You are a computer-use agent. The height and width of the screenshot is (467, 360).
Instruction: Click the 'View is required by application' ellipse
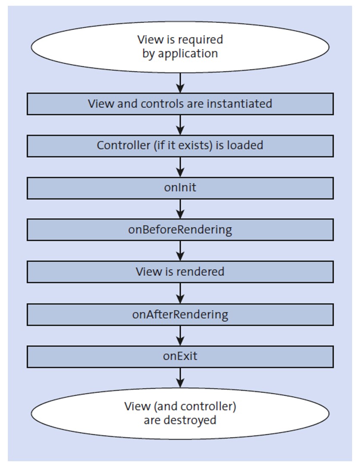[180, 47]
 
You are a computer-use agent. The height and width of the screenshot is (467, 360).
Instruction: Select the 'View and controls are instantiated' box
[180, 104]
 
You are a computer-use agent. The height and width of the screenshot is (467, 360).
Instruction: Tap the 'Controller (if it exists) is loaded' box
[180, 146]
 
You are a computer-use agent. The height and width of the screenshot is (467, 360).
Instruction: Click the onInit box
[180, 188]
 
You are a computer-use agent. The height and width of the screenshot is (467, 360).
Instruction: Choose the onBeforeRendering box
[180, 230]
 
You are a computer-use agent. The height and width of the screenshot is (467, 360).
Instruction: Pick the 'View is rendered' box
[180, 272]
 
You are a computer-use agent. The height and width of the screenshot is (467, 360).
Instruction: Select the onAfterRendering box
[180, 314]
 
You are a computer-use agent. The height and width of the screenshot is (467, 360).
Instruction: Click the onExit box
[180, 357]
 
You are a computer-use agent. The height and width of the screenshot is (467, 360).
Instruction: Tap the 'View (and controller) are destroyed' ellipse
[180, 413]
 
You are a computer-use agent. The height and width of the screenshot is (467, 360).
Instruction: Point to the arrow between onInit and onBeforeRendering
[180, 209]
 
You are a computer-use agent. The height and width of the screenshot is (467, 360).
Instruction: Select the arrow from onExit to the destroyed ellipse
[180, 378]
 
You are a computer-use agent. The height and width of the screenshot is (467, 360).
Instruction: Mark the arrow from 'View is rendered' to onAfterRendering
[180, 293]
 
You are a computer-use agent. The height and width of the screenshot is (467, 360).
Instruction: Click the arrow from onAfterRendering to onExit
[180, 335]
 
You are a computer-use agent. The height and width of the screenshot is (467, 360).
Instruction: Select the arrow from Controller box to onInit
[180, 167]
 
